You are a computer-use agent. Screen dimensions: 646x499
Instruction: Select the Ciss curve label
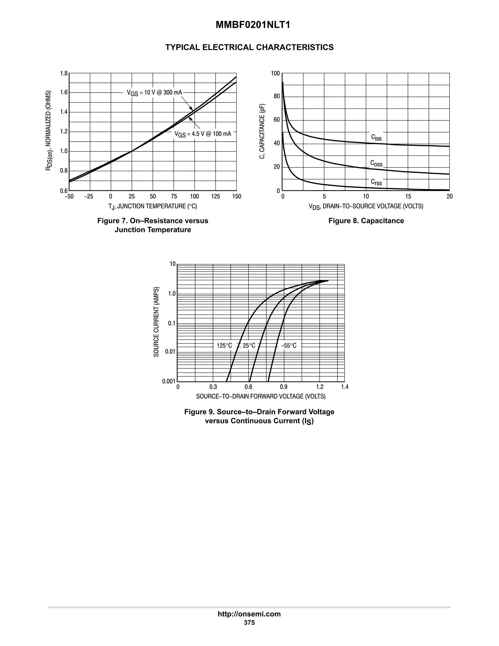tap(376, 137)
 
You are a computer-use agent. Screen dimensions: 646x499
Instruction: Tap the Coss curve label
tap(376, 163)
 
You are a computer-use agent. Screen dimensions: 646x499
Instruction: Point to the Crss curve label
tap(376, 182)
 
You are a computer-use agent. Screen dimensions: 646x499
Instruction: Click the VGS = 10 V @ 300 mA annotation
tap(154, 93)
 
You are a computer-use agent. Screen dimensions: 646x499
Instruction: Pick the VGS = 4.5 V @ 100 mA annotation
tap(202, 134)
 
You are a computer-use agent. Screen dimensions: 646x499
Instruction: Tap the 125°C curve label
tap(224, 345)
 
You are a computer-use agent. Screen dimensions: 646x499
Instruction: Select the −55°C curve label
tap(288, 345)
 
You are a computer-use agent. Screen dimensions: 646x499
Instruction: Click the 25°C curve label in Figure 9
tap(249, 345)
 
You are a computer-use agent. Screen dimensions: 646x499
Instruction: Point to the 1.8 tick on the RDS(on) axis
tap(64, 73)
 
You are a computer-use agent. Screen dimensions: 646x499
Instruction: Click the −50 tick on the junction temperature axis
tap(69, 196)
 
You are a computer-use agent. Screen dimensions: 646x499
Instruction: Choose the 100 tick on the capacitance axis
tap(275, 73)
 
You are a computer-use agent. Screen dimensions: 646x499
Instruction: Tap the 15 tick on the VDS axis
tap(408, 196)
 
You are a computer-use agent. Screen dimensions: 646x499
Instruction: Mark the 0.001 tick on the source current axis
tap(169, 381)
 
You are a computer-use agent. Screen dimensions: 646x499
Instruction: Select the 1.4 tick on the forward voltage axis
tap(345, 387)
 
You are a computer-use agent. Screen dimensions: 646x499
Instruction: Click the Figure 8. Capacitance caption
tap(366, 221)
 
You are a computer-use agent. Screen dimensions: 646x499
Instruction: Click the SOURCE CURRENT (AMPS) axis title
tap(156, 322)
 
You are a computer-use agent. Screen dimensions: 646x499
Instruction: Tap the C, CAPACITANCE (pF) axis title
tap(262, 131)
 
